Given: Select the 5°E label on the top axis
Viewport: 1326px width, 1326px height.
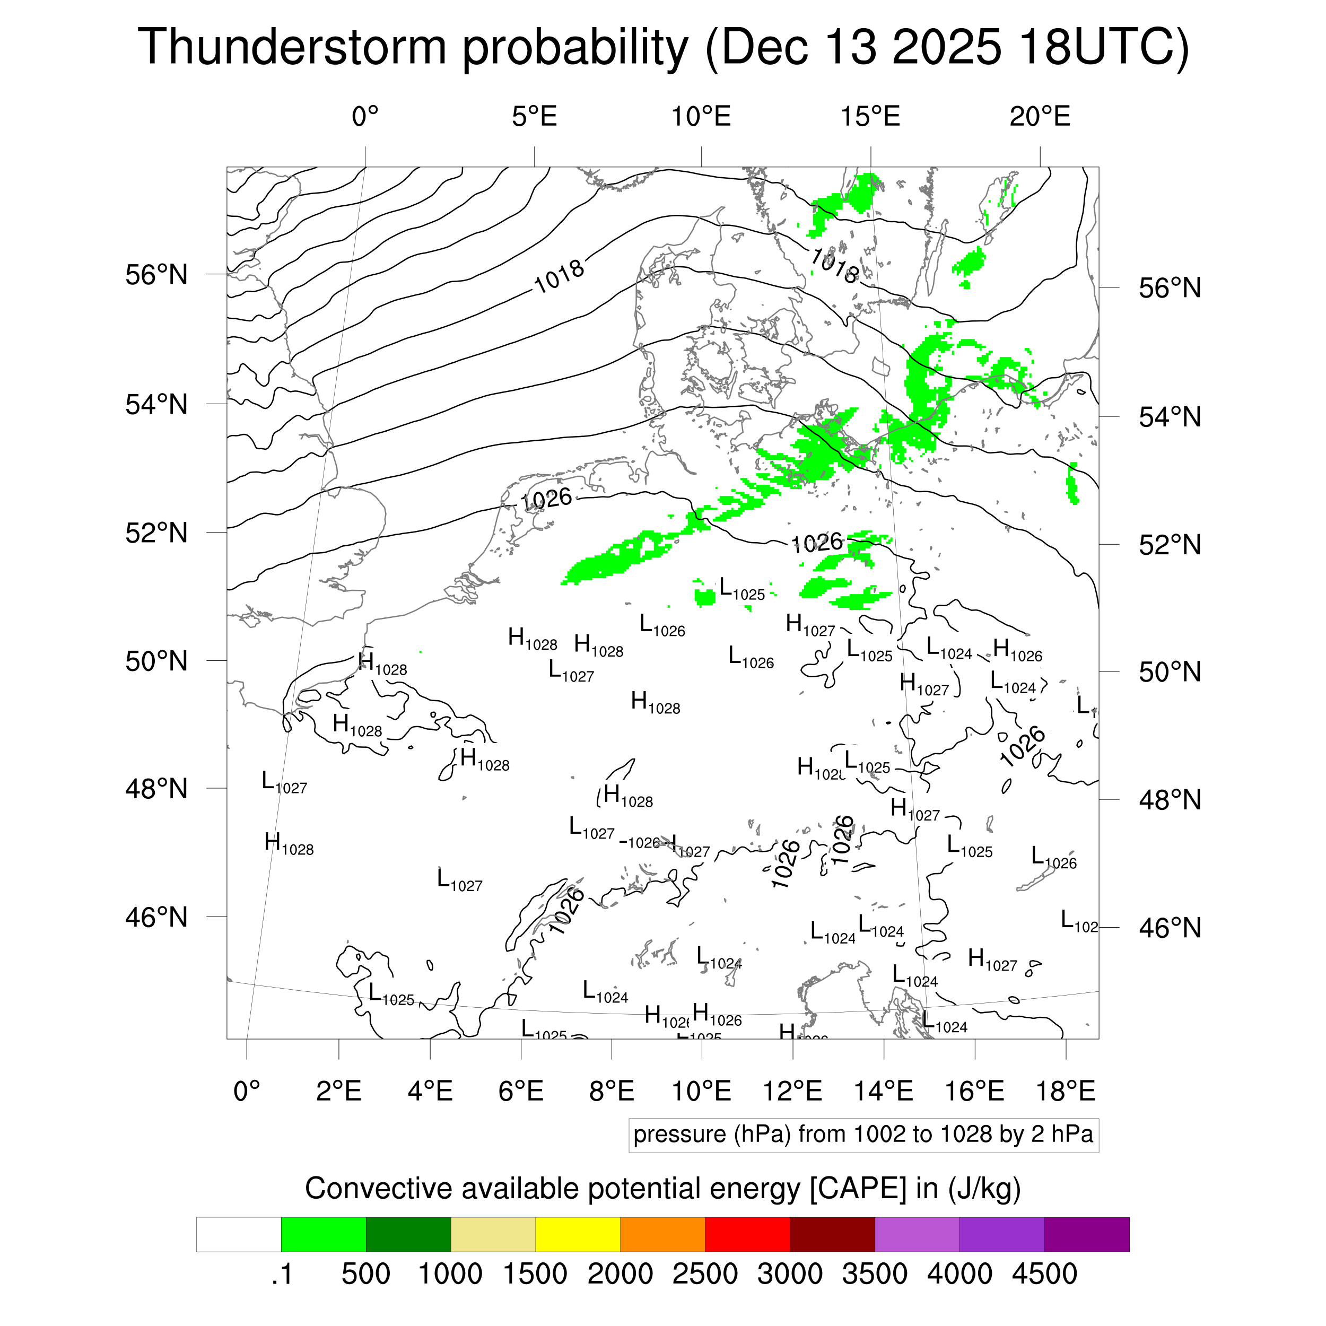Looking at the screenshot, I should [x=534, y=117].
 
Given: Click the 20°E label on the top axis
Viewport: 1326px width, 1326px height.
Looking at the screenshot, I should [x=1040, y=117].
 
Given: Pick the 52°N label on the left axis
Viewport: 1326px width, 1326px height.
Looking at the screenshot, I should [x=156, y=533].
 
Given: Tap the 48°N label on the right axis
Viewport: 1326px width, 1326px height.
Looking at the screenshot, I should [x=1170, y=800].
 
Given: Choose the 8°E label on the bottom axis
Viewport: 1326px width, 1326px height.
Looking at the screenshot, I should [x=612, y=1091].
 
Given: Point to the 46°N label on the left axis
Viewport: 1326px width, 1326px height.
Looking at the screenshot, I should [x=156, y=917].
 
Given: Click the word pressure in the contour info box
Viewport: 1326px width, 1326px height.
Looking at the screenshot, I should [x=679, y=1134].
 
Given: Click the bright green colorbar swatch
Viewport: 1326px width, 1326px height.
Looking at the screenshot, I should [x=323, y=1235].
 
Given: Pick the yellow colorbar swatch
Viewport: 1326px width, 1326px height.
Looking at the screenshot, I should [x=578, y=1235].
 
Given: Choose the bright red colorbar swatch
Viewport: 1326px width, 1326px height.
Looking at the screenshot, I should [x=747, y=1235].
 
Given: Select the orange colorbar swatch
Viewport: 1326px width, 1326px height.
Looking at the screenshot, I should [x=662, y=1235].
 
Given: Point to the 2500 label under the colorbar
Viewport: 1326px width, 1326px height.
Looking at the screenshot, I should [x=705, y=1274].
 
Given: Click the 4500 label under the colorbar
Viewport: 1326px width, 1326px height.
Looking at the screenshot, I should [x=1044, y=1274].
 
